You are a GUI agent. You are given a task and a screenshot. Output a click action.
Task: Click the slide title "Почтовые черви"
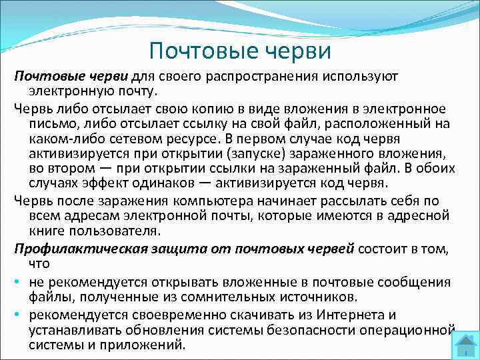pyautogui.click(x=240, y=49)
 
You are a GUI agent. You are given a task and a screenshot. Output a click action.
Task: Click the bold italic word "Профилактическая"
pyautogui.click(x=73, y=248)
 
